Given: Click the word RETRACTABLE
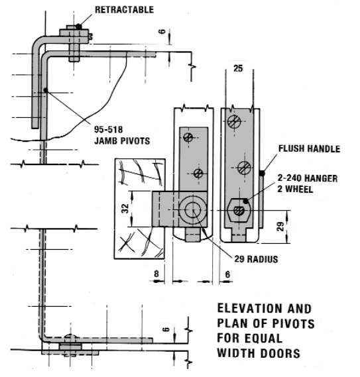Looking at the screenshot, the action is point(124,10).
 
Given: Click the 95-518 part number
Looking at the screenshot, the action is point(108,130).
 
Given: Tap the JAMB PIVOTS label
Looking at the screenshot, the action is point(122,140).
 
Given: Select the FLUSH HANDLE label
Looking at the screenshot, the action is point(309,148).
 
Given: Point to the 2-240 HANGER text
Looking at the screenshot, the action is point(308,178).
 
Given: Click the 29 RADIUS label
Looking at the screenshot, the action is point(256,259).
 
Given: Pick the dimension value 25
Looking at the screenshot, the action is point(238,68).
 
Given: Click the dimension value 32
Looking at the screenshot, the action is point(125,208).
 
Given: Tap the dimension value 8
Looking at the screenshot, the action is point(156,274).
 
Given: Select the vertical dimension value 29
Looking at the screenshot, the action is point(280,227).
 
